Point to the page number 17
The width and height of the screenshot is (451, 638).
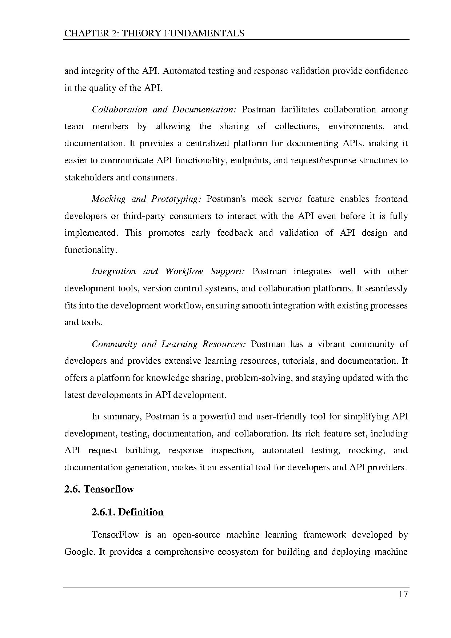(403, 594)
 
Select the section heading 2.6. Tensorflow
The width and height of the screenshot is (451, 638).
(99, 489)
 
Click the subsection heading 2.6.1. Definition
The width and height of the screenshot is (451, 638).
(127, 512)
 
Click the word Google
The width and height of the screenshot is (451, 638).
(80, 552)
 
